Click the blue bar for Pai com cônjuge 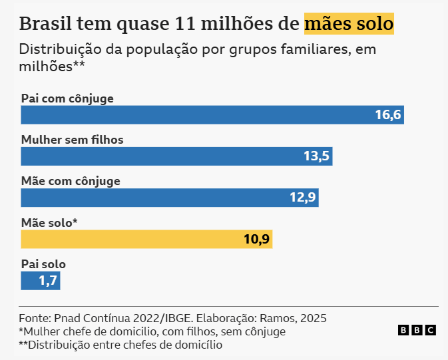point(200,115)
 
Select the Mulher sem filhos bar point(166,156)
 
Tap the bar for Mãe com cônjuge point(160,198)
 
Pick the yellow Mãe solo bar point(133,239)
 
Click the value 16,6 point(387,115)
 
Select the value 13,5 point(317,156)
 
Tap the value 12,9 point(304,198)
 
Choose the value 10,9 point(256,239)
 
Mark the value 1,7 point(47,280)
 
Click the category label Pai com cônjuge point(67,98)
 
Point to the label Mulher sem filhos point(73,140)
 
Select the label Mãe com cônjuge point(71,181)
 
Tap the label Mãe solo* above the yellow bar point(49,222)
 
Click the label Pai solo point(43,264)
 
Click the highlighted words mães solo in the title point(349,24)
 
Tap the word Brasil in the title point(46,24)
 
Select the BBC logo point(417,330)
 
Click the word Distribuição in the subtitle point(59,49)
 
